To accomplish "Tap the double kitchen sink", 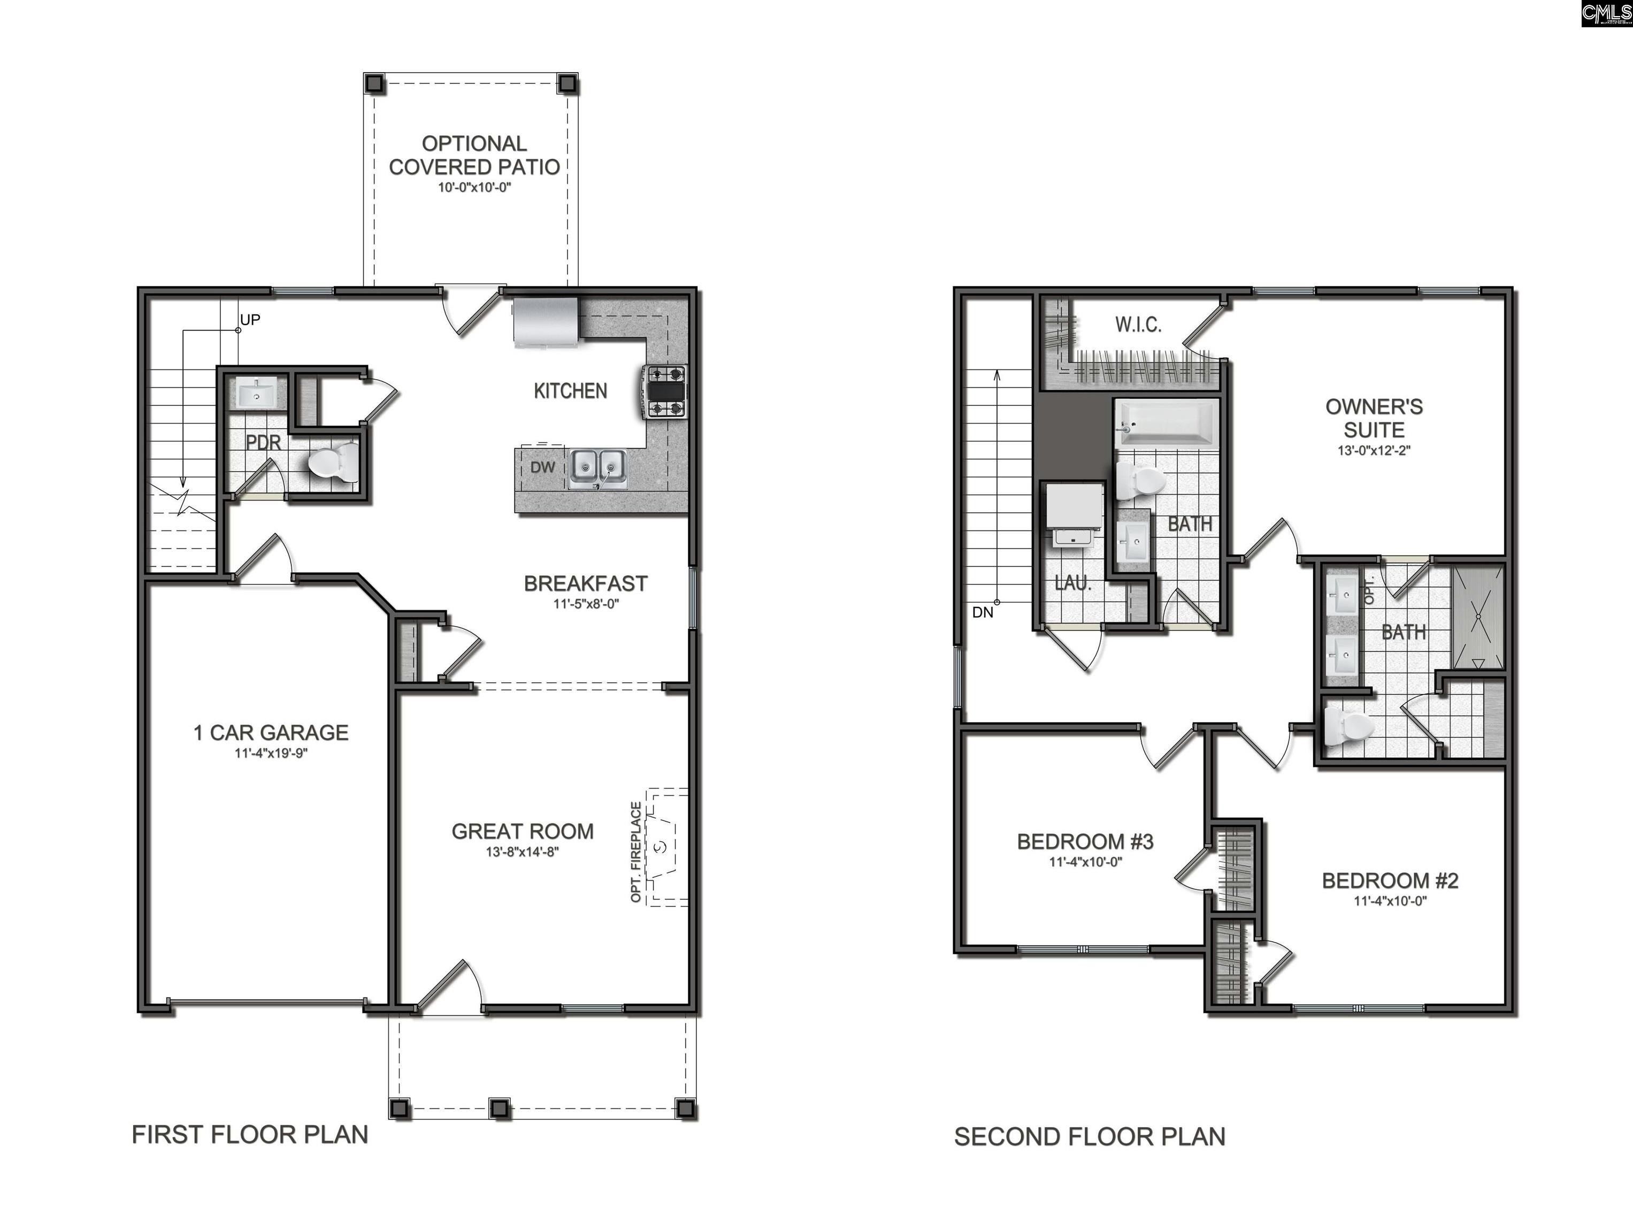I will pos(597,468).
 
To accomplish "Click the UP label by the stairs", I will pos(250,320).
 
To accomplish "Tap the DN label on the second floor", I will pos(983,612).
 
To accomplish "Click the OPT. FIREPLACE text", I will pos(635,852).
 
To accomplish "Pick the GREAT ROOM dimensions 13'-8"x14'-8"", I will pos(522,852).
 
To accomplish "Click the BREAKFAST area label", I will pos(585,584).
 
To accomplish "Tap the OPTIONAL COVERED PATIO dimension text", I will pos(474,188).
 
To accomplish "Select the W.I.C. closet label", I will pos(1138,324).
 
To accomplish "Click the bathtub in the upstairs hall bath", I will pos(1167,423).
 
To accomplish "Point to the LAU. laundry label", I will pos(1072,583).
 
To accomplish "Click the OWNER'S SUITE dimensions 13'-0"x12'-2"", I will pos(1374,450).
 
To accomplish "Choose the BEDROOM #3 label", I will pos(1085,842).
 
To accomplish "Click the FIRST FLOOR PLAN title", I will pos(250,1135).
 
